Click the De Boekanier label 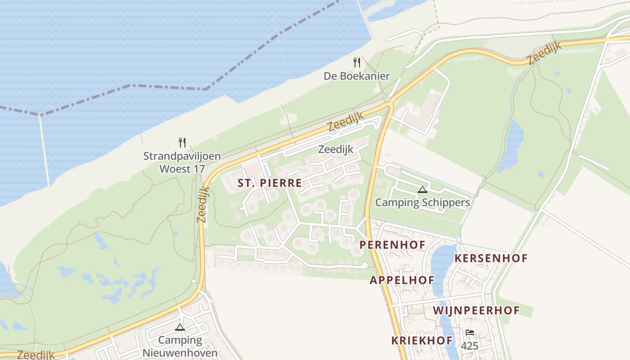357,76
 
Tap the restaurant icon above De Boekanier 357,62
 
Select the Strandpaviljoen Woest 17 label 182,162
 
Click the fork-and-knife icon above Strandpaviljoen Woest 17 182,143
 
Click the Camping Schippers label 423,202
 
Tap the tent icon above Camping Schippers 422,189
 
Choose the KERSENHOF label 491,258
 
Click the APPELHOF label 402,280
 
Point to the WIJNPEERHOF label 477,310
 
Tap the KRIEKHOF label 422,340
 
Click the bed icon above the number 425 470,333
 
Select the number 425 469,346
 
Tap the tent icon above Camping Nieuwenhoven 180,327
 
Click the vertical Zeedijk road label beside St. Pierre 203,204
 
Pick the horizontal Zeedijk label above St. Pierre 336,149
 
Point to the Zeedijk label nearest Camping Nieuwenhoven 36,355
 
